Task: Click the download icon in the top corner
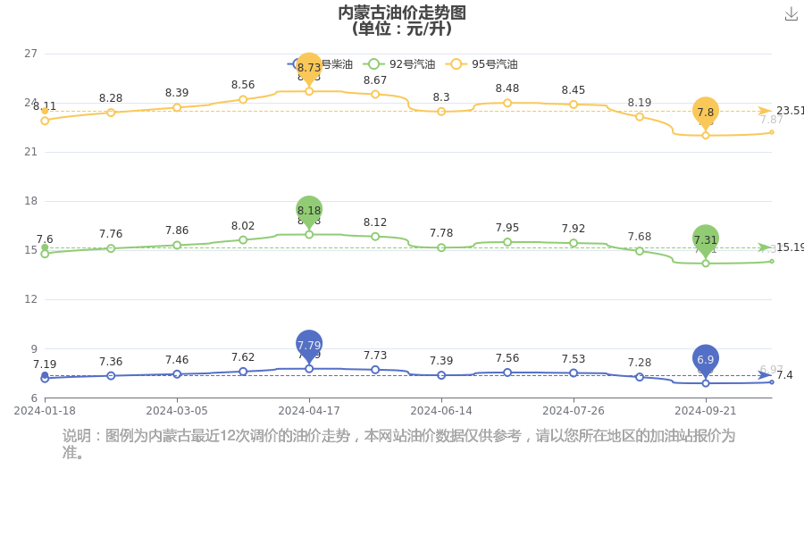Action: [791, 13]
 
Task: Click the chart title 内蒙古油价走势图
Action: [401, 13]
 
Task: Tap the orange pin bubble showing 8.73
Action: [309, 67]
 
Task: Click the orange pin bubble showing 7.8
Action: [706, 112]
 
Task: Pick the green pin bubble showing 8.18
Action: [309, 210]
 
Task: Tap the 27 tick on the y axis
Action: [30, 54]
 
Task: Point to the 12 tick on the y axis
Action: [30, 299]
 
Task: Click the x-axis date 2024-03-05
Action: [177, 411]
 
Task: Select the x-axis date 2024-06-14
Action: [441, 411]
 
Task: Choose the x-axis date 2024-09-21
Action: [706, 411]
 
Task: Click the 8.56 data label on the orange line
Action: [243, 85]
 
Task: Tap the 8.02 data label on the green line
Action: [243, 226]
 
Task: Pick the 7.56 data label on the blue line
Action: [507, 358]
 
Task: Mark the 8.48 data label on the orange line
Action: [507, 88]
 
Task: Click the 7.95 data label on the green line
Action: [507, 228]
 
